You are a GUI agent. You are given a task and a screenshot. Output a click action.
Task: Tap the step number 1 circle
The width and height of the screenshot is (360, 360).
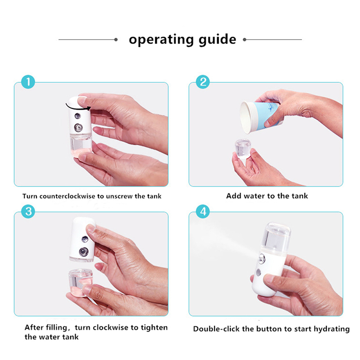point(28,82)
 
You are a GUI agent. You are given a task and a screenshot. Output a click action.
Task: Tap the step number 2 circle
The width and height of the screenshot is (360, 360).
point(203,82)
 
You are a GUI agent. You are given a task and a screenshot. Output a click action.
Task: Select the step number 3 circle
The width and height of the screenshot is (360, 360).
point(28,211)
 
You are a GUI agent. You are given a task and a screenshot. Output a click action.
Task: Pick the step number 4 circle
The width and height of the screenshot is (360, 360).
point(203,211)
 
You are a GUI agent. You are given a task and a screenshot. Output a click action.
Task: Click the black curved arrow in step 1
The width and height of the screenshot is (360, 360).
point(77,108)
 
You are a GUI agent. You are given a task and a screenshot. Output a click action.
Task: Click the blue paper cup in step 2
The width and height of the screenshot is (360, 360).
point(261,117)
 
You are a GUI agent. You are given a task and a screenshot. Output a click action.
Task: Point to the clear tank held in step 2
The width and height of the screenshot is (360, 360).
point(243,149)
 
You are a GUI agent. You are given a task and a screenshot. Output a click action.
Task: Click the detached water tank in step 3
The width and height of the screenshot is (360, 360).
point(81,282)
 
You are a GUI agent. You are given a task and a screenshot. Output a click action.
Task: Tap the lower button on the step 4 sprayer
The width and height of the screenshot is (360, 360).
point(258,273)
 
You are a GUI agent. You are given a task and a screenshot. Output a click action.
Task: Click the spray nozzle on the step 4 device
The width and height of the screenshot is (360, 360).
point(262,259)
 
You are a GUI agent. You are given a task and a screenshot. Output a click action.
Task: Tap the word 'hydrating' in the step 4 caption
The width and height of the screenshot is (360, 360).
point(332,329)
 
